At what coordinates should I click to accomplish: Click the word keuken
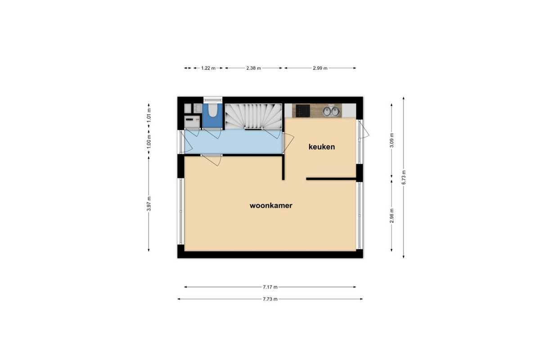322,147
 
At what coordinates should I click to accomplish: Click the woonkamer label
271,206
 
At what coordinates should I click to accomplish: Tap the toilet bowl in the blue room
212,110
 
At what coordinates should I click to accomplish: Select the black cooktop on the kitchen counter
303,111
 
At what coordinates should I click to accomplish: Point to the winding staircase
253,117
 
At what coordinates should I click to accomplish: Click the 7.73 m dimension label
270,299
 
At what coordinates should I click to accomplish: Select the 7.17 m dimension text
270,287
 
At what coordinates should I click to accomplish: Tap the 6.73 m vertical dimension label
404,177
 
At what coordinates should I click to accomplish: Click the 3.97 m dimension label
149,204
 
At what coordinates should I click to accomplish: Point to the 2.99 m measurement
320,68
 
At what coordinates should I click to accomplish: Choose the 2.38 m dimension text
254,68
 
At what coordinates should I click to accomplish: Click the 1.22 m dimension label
208,68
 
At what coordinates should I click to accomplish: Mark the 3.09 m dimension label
392,140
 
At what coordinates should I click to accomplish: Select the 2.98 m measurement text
392,216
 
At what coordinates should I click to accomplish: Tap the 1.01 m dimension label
149,115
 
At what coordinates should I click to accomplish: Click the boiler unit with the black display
192,122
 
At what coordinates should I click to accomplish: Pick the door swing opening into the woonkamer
211,160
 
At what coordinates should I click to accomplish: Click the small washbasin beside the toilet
198,108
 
